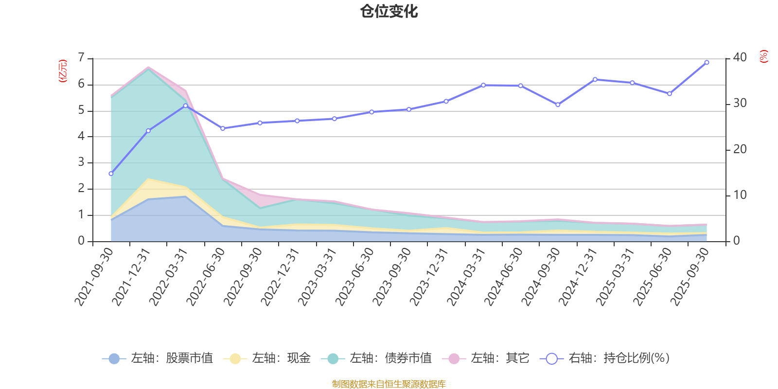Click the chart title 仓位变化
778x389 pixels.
tap(389, 11)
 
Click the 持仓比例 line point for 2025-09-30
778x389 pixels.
tap(707, 62)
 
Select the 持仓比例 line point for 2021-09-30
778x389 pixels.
tap(111, 174)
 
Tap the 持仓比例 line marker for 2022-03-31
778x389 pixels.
tap(185, 106)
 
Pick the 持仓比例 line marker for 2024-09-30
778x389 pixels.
tap(558, 105)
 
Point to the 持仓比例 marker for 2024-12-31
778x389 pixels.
tap(595, 79)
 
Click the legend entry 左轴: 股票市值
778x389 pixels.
tap(158, 358)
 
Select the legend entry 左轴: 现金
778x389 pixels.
tap(267, 358)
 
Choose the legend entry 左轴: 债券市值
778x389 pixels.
tap(376, 358)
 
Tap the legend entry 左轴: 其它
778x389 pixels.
tap(486, 358)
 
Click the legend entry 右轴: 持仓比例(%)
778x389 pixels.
tap(605, 358)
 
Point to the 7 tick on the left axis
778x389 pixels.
tap(81, 58)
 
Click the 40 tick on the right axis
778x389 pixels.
tap(740, 57)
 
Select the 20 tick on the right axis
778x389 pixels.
tap(740, 149)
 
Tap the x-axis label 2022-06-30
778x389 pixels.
tap(206, 276)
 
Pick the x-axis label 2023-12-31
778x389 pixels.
tap(429, 276)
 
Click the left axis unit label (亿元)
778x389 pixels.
tap(63, 71)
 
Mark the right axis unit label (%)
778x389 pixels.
tap(763, 56)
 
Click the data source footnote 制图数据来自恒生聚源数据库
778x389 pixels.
tap(389, 384)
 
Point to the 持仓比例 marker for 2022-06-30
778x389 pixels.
tap(223, 128)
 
